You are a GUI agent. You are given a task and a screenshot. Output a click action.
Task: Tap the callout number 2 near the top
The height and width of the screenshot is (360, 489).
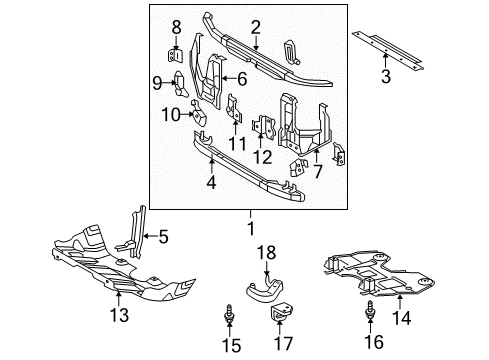pyautogui.click(x=256, y=27)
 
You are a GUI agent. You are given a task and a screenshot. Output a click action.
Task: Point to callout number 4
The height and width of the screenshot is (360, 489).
pyautogui.click(x=210, y=183)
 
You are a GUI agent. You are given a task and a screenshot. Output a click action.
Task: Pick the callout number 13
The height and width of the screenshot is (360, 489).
pyautogui.click(x=119, y=317)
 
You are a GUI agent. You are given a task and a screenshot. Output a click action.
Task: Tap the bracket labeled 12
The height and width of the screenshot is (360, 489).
pyautogui.click(x=265, y=128)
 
